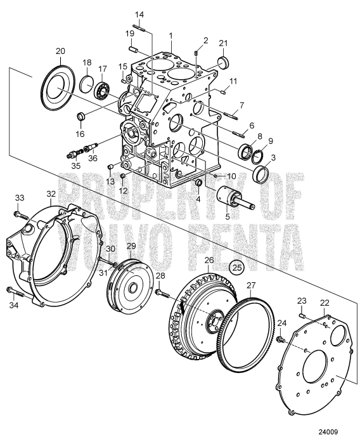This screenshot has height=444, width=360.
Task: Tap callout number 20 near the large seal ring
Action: (60, 51)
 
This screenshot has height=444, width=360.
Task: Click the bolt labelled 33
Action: (20, 216)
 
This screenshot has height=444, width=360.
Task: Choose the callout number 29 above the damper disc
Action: (131, 245)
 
